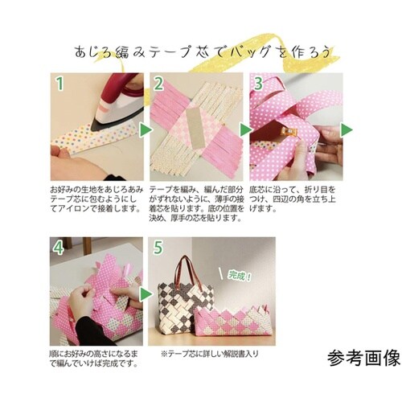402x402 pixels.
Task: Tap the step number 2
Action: [x=159, y=83]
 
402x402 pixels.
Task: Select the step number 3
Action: [x=258, y=83]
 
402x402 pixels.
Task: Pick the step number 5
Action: [x=159, y=247]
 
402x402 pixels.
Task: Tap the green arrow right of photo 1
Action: [x=146, y=128]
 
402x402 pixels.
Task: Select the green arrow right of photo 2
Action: [x=245, y=128]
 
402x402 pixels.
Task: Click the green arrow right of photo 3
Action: [x=346, y=128]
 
